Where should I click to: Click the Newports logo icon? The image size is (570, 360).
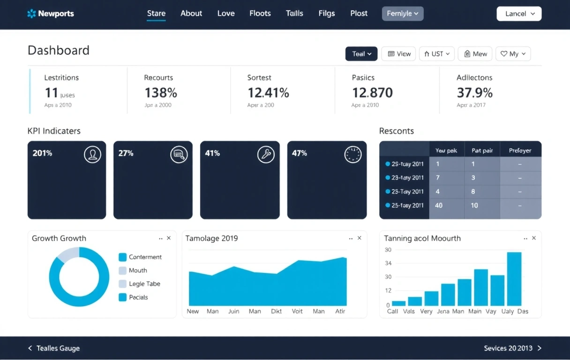click(x=31, y=14)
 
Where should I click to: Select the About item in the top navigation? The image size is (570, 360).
click(x=191, y=14)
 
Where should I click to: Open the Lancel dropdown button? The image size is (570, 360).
click(x=519, y=14)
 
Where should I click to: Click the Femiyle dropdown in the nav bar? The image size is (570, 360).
click(x=403, y=14)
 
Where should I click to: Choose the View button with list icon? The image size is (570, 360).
click(x=399, y=54)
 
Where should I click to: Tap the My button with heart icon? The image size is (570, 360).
click(x=513, y=54)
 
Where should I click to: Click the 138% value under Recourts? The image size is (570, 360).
click(x=160, y=93)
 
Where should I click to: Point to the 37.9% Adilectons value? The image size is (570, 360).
click(x=474, y=93)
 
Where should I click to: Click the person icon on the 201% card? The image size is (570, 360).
click(x=92, y=154)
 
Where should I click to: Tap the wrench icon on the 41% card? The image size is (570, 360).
click(x=266, y=154)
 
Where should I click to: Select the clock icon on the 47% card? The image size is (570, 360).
click(x=353, y=154)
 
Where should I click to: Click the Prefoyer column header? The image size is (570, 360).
click(x=520, y=150)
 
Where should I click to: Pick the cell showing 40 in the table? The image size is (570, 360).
click(x=439, y=205)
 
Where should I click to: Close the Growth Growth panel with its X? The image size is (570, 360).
click(x=169, y=238)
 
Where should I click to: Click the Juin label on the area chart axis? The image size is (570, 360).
click(x=233, y=311)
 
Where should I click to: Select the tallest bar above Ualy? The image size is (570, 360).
click(x=514, y=279)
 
